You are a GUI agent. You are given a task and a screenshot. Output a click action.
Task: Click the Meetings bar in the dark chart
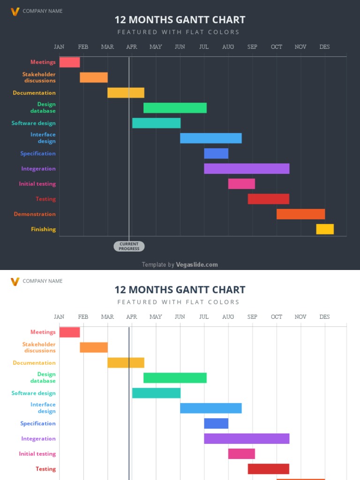(69, 62)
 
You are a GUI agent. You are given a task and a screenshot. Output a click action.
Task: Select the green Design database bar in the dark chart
(175, 108)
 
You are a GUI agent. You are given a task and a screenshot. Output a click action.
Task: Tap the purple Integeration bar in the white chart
(247, 439)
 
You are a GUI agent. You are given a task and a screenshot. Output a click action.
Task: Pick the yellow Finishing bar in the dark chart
(325, 229)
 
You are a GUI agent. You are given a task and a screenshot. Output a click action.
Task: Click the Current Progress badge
(129, 246)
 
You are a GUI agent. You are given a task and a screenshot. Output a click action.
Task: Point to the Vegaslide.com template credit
(180, 265)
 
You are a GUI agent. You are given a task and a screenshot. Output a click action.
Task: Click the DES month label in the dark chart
(324, 47)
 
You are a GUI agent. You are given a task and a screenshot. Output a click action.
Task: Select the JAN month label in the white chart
(59, 317)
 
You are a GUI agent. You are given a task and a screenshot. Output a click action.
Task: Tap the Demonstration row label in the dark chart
(35, 214)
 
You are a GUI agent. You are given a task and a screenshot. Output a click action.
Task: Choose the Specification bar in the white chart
(216, 423)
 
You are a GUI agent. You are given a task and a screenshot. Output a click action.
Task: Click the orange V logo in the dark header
(15, 11)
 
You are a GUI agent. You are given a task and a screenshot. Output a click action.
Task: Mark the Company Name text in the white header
(42, 281)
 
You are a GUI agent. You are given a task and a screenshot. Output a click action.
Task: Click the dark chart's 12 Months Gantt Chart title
(180, 20)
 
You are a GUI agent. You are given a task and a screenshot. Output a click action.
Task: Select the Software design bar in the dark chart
(156, 123)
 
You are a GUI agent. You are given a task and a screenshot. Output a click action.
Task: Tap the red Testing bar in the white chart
(268, 469)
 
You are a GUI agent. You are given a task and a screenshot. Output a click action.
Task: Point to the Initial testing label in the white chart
(37, 454)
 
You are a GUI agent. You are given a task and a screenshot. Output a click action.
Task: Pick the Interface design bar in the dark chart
(210, 138)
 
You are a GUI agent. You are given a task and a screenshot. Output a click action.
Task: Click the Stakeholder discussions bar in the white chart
(94, 347)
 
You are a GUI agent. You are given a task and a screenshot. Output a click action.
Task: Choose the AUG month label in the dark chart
(228, 47)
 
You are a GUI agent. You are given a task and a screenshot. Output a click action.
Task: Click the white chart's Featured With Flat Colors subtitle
(179, 302)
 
